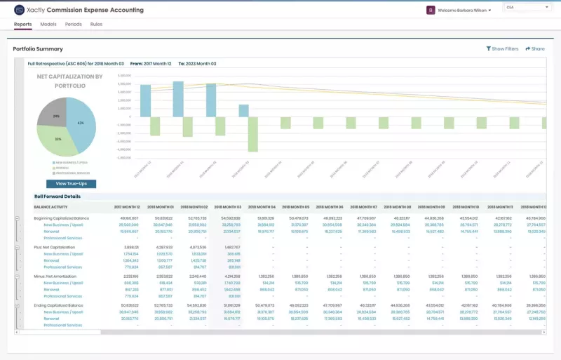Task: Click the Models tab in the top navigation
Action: (48, 25)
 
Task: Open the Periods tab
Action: (73, 25)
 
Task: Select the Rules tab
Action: (96, 25)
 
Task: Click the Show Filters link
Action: (502, 49)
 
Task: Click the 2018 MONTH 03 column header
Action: (227, 207)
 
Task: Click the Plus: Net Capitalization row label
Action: (54, 248)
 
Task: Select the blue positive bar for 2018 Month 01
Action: (177, 101)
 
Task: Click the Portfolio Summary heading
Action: (38, 49)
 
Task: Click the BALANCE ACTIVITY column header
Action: (50, 207)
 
